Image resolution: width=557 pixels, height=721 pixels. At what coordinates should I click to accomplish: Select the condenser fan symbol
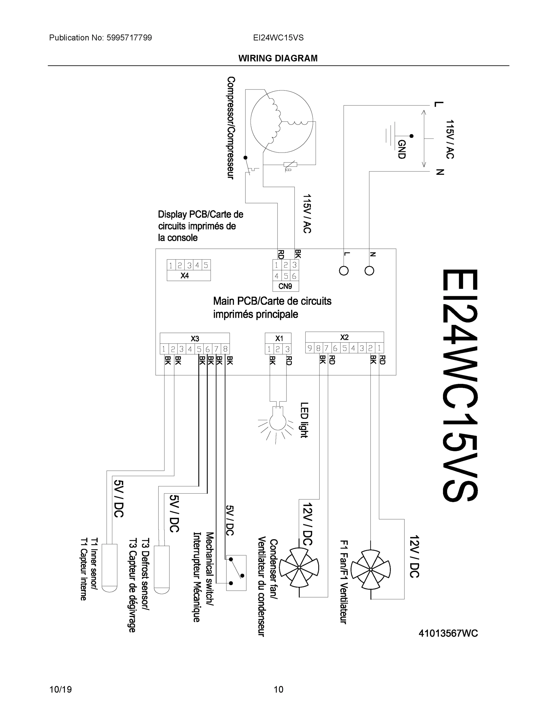click(299, 567)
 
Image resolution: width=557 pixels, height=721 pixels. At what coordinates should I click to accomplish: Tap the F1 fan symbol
click(371, 570)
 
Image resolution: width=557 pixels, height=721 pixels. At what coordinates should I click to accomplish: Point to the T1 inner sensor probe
click(110, 568)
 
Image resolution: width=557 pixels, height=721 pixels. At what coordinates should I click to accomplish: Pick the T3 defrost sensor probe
click(162, 570)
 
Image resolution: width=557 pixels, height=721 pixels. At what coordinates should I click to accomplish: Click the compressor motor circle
click(281, 121)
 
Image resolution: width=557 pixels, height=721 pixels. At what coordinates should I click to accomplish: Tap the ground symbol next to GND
click(391, 135)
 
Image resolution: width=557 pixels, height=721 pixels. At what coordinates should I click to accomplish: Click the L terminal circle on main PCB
click(344, 271)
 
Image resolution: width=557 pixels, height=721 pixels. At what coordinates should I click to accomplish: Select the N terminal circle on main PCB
click(369, 271)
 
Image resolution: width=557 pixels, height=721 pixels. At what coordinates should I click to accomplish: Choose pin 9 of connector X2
click(310, 348)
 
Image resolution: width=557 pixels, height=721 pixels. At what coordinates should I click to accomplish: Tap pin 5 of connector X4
click(206, 265)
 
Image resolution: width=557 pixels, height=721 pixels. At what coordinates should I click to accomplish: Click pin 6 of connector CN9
click(294, 276)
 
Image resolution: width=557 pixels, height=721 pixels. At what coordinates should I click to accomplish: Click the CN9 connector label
click(286, 286)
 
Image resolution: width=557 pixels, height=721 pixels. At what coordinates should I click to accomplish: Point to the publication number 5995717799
click(129, 38)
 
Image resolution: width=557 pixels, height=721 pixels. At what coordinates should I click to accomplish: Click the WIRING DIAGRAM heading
click(278, 59)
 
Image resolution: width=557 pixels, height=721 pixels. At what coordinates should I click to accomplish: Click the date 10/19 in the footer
click(60, 689)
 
